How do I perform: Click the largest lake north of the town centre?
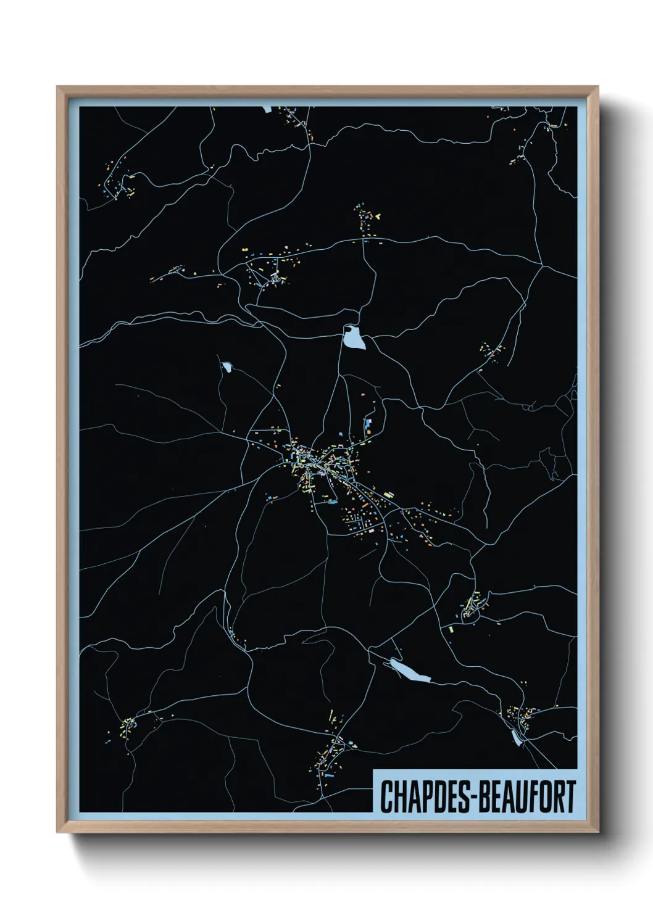354,337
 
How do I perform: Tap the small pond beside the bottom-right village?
516,737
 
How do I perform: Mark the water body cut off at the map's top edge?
267,109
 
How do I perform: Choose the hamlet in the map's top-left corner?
120,185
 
